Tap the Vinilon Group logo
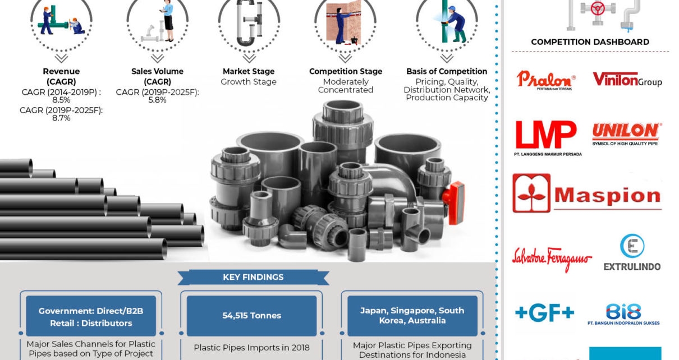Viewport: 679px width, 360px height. pos(627,80)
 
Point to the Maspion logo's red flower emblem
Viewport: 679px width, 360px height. pos(531,193)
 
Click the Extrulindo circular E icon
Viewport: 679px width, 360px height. pos(632,246)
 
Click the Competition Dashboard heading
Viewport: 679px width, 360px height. pos(590,41)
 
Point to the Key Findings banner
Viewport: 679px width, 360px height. pos(253,277)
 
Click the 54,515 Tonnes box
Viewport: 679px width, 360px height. pos(252,316)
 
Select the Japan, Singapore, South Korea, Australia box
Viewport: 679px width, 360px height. pos(412,316)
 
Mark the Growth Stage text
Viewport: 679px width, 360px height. pos(249,82)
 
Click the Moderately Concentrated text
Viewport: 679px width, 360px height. pos(345,86)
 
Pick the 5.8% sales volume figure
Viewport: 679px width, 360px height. pos(157,100)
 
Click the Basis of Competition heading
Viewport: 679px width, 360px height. pos(447,71)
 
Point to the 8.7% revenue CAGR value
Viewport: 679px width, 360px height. pos(61,118)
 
